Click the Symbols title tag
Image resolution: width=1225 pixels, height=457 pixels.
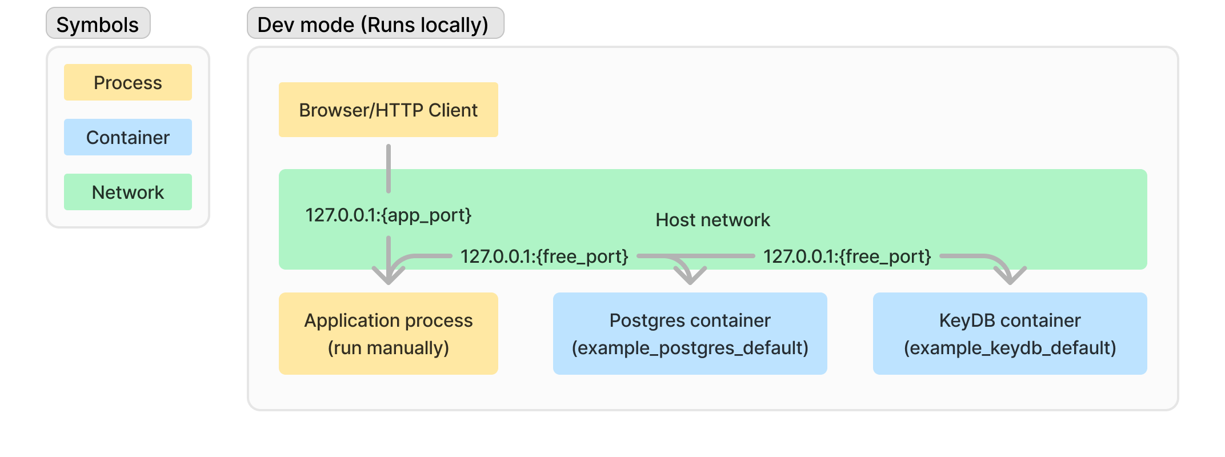[x=98, y=24]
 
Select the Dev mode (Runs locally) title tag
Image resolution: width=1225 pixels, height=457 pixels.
[x=375, y=24]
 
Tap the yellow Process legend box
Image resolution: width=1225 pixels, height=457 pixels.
[x=127, y=82]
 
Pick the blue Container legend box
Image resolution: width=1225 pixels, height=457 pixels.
[x=127, y=137]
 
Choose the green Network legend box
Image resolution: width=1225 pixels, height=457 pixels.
[x=127, y=192]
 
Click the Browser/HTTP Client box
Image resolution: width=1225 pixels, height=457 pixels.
[x=388, y=110]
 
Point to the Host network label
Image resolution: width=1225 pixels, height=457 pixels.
[x=712, y=220]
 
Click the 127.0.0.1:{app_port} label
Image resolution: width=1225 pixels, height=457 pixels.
[x=388, y=215]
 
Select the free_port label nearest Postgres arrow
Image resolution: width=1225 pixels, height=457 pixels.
[x=544, y=256]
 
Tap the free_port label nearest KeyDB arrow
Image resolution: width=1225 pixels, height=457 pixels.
[x=847, y=256]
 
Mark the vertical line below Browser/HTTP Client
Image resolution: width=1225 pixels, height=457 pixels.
[x=389, y=169]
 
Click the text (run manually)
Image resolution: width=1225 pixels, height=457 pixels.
[x=388, y=348]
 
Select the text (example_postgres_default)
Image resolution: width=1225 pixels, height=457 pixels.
[x=690, y=348]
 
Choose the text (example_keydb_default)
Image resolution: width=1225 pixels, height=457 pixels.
[x=1010, y=348]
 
